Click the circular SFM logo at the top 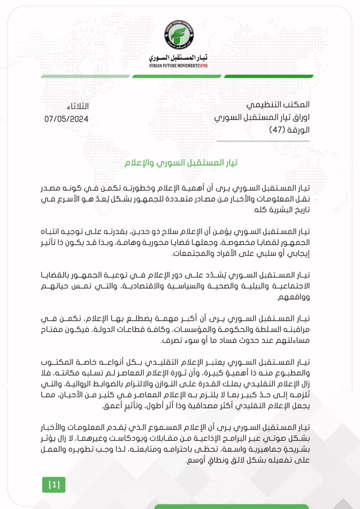click(180, 36)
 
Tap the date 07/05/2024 click(67, 119)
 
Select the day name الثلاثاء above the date click(78, 107)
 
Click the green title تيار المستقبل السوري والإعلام click(181, 163)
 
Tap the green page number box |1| click(54, 484)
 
